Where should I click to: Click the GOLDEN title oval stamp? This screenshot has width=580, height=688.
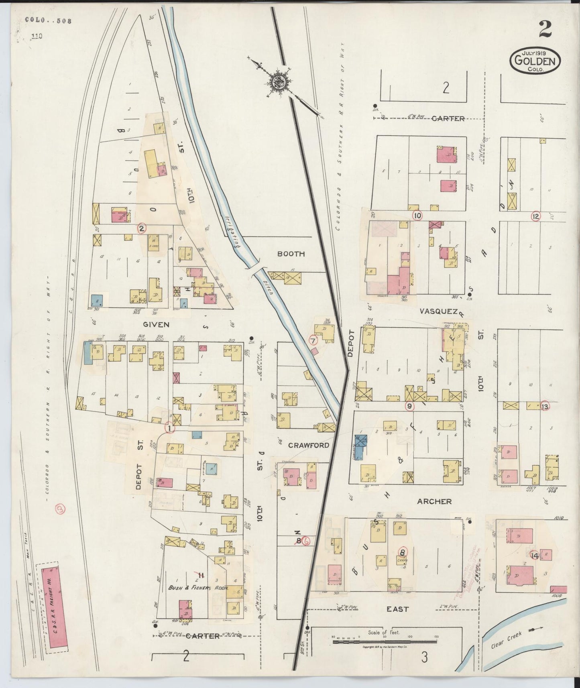click(535, 61)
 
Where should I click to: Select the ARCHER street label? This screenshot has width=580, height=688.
click(434, 501)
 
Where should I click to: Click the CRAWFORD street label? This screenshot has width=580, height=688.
click(308, 445)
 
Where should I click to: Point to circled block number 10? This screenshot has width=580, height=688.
click(417, 216)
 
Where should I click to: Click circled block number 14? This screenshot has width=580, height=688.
click(534, 556)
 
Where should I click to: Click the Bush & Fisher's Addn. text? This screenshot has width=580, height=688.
click(198, 588)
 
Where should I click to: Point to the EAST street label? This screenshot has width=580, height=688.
click(397, 609)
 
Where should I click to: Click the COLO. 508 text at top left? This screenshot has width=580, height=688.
click(48, 21)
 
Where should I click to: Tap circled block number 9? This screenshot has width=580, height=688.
click(409, 406)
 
